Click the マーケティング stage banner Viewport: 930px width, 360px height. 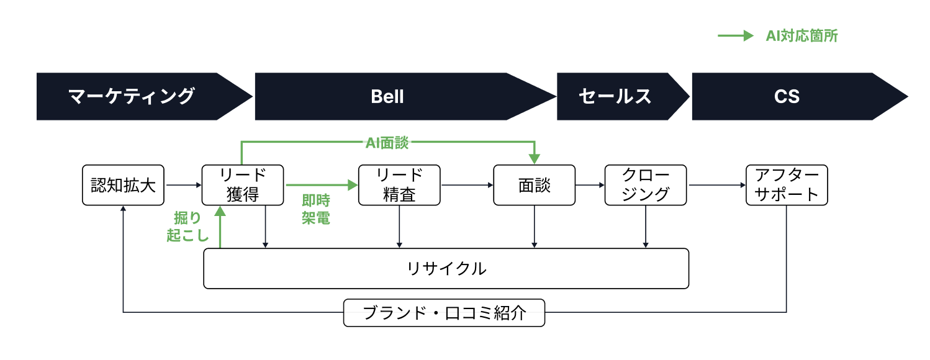[x=132, y=96]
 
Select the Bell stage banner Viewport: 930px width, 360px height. [x=387, y=96]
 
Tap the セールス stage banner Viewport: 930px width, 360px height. [x=615, y=96]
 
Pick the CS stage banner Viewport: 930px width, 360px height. [x=787, y=96]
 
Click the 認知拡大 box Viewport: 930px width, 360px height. [x=123, y=185]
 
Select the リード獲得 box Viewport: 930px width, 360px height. [x=243, y=185]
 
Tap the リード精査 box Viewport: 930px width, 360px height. [x=399, y=185]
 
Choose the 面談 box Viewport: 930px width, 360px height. [x=534, y=185]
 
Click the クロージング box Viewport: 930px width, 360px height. [x=646, y=185]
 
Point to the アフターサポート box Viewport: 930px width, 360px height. [x=787, y=185]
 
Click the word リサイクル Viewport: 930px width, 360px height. [x=446, y=269]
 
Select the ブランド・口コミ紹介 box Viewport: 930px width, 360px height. [x=444, y=313]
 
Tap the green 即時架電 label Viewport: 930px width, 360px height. [x=315, y=209]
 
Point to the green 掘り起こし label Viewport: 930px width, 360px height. [x=187, y=227]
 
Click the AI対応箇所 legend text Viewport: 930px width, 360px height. [x=801, y=36]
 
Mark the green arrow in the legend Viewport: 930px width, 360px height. [x=735, y=36]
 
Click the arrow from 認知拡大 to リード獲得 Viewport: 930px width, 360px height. [x=183, y=185]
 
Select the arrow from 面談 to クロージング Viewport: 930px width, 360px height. [x=590, y=185]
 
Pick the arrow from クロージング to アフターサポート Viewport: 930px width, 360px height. [x=716, y=185]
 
